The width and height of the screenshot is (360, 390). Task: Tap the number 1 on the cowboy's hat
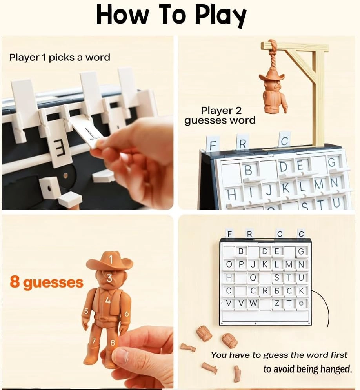click(111, 259)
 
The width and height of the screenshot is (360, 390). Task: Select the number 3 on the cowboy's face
click(110, 278)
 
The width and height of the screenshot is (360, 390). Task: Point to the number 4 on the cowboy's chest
click(108, 301)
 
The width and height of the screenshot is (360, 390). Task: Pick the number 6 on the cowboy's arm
click(127, 313)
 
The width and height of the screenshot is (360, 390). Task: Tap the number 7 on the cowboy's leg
click(94, 341)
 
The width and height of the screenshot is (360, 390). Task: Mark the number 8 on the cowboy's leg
click(113, 342)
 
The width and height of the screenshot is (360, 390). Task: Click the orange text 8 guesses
click(47, 282)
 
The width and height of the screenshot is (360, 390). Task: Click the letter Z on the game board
click(277, 303)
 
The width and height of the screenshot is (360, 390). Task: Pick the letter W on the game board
click(253, 303)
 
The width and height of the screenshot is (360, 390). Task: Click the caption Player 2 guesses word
click(220, 116)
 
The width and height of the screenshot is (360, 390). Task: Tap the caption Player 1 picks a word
click(60, 57)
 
